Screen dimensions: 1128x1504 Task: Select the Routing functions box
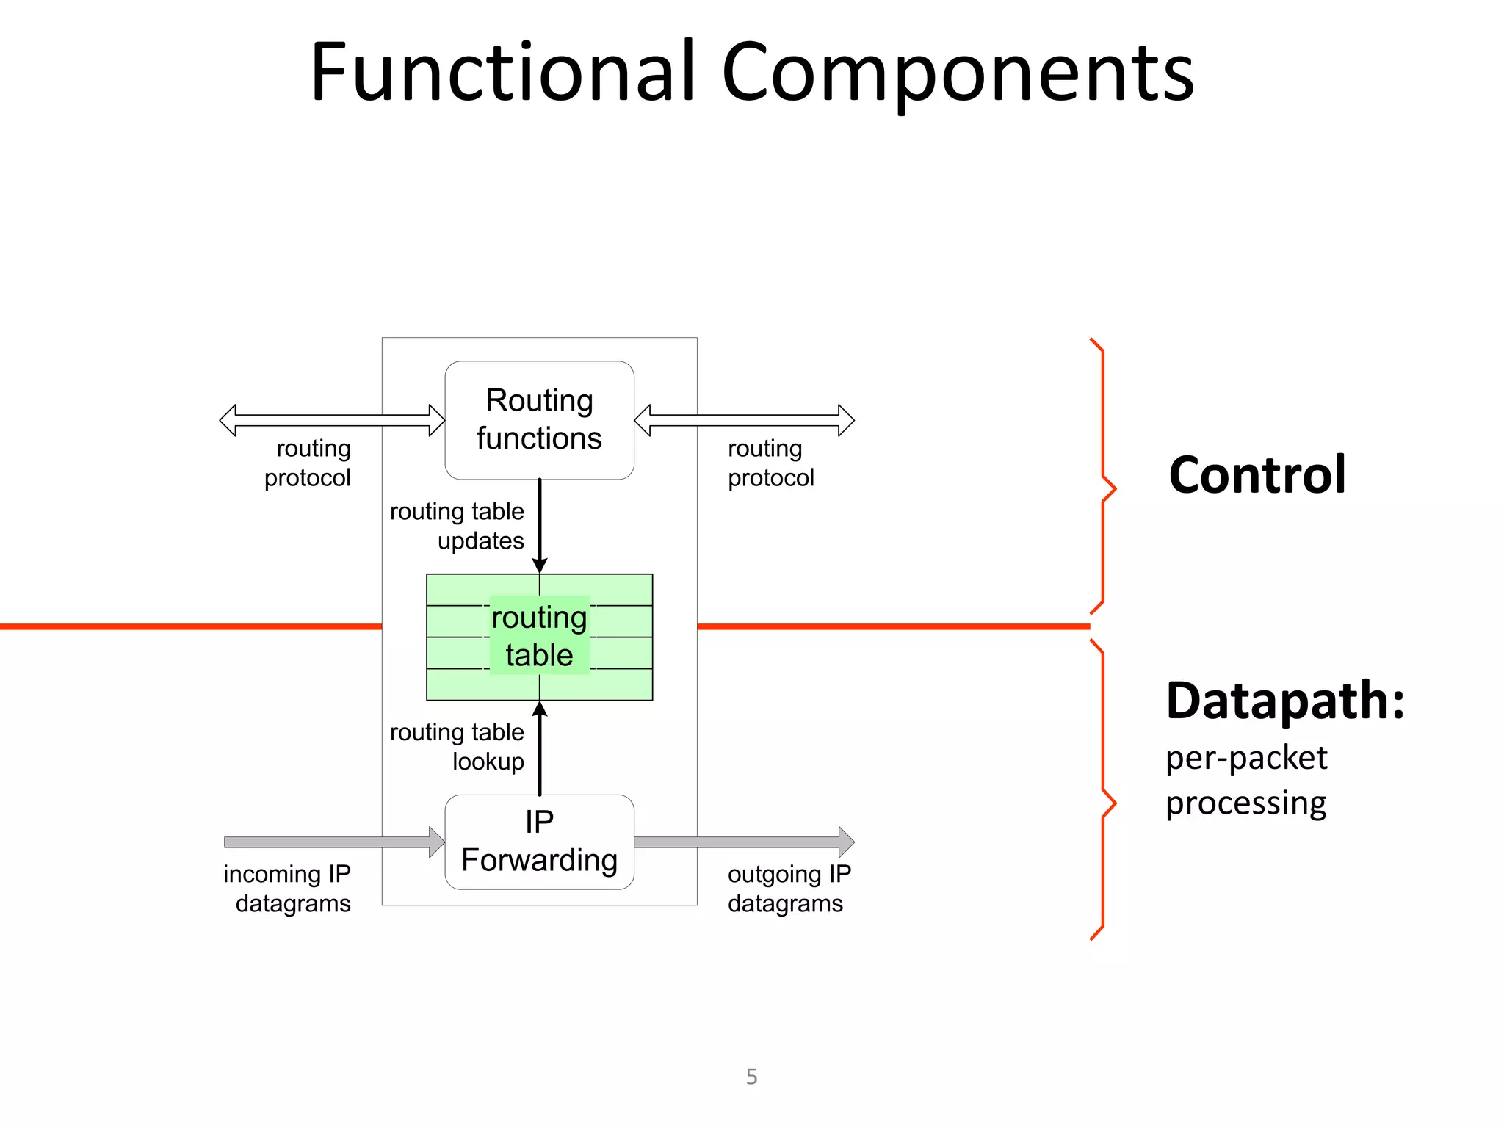[539, 419]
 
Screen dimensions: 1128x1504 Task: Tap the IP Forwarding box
[539, 842]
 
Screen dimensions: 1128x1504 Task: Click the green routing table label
[539, 636]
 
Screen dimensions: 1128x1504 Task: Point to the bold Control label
[1257, 475]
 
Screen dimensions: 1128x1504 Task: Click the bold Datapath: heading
[1284, 701]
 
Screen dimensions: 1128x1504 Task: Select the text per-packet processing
[1246, 780]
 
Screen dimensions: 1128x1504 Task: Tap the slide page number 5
[751, 1076]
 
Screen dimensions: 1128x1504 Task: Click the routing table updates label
[457, 526]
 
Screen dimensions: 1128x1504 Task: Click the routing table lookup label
[457, 746]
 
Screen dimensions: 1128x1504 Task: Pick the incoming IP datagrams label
[287, 888]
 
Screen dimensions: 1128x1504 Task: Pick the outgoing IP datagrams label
[788, 888]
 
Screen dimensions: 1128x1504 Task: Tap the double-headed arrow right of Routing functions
[744, 420]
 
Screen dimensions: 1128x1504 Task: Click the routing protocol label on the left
[308, 463]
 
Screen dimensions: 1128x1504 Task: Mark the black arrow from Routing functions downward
[539, 525]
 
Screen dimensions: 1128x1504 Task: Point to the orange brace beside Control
[1103, 476]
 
